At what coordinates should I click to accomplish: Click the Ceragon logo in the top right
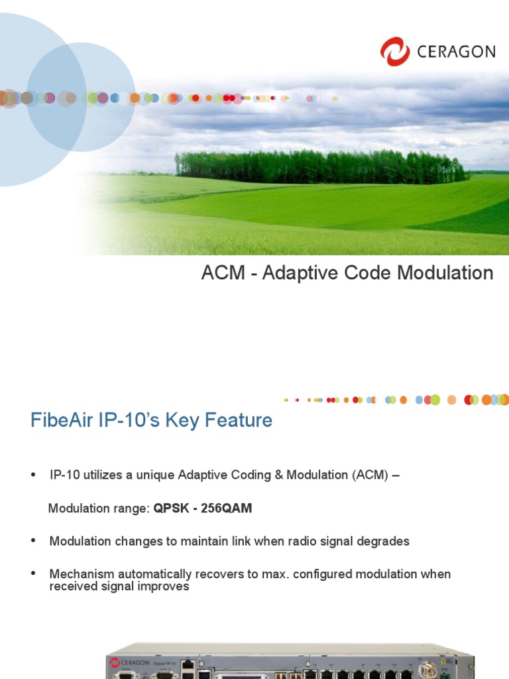click(437, 51)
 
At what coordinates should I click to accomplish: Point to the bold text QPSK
click(170, 509)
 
